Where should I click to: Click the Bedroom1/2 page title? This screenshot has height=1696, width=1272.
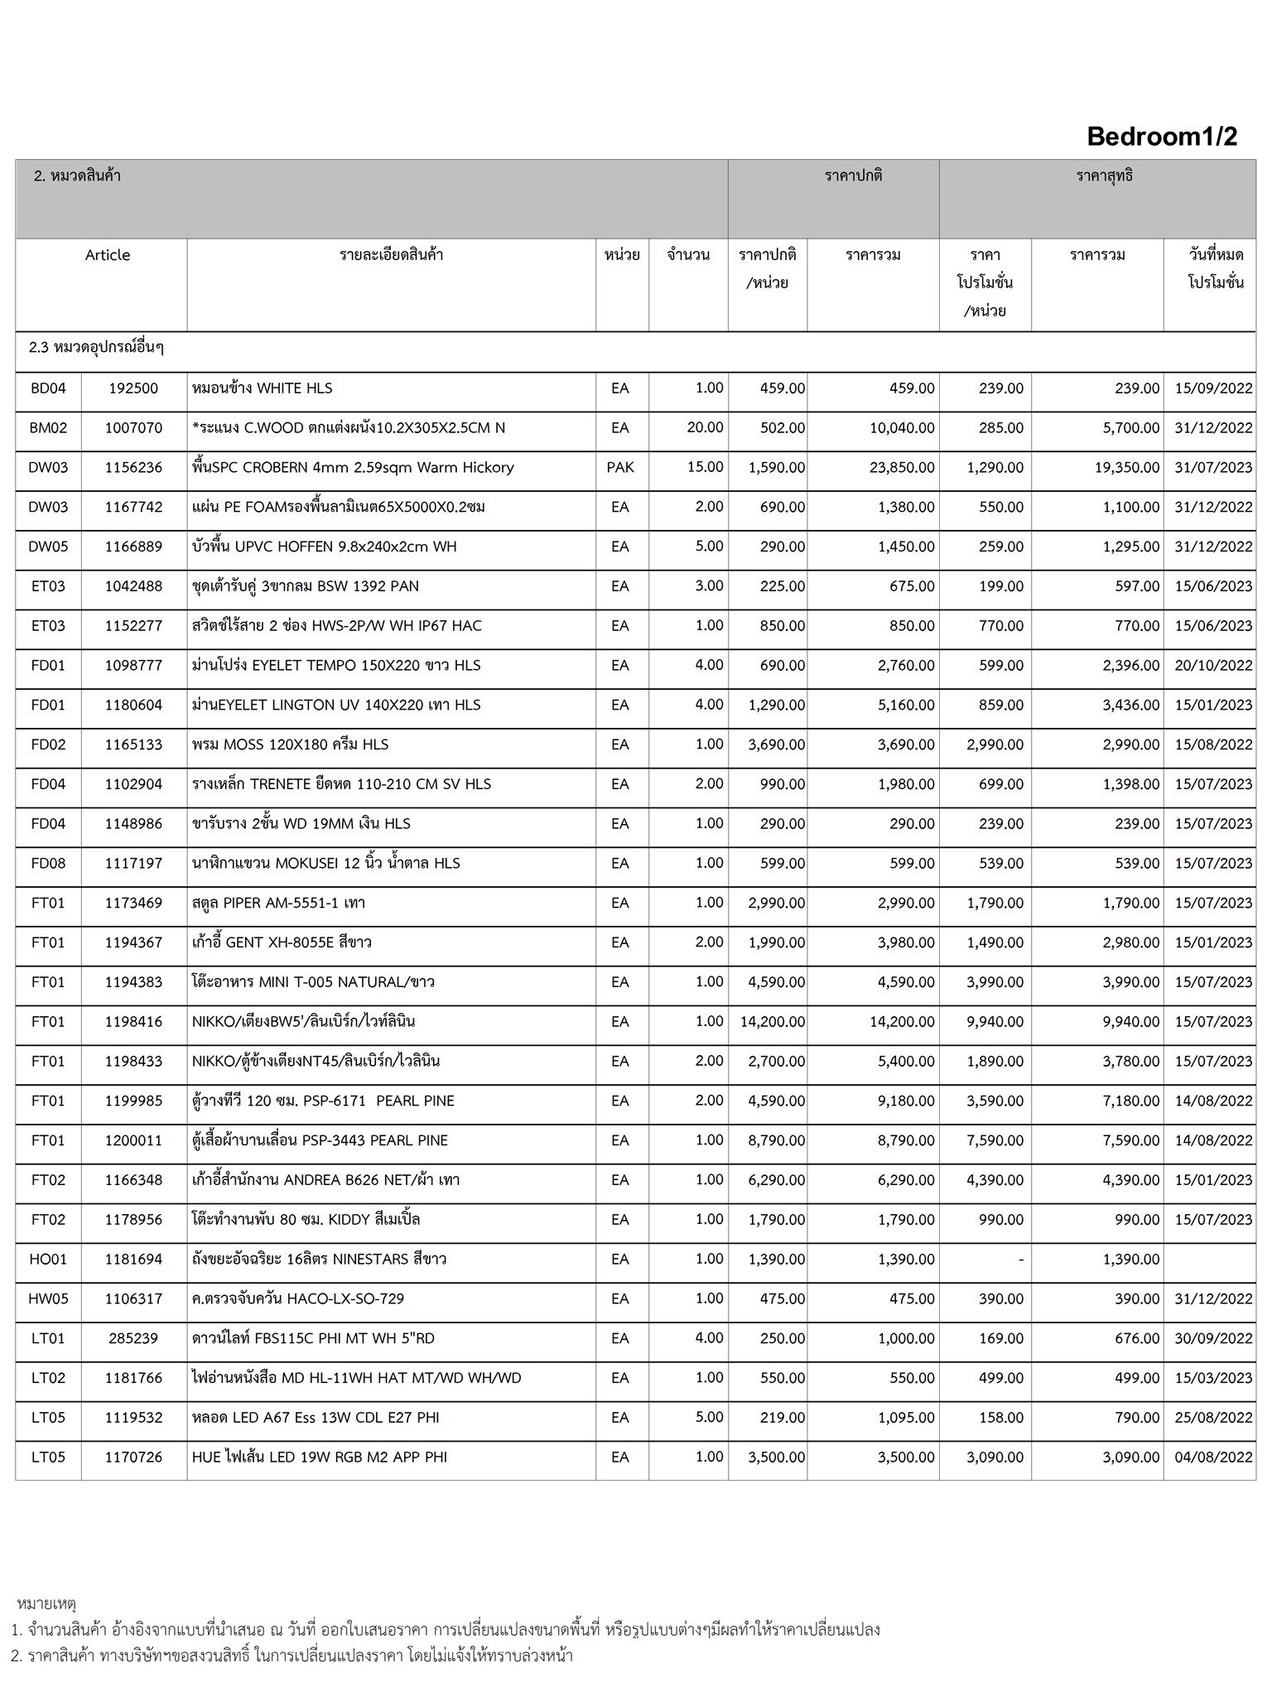[1161, 137]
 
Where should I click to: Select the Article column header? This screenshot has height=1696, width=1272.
[108, 255]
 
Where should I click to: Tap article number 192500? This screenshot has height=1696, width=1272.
[132, 388]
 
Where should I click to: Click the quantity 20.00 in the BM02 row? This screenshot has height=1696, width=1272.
[705, 427]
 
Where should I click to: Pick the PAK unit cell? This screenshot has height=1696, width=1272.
[620, 467]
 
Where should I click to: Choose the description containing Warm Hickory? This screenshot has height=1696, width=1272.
[353, 468]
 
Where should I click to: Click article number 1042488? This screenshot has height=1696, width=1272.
[133, 586]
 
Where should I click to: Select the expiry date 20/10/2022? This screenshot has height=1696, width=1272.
[1213, 666]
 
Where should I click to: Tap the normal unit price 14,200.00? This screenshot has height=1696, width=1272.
[772, 1022]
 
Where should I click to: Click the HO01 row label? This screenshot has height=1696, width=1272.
[48, 1260]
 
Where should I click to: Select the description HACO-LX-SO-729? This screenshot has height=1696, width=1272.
[298, 1298]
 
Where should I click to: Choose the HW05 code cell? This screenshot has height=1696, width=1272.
[48, 1298]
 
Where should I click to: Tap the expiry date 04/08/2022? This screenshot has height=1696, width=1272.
[1213, 1457]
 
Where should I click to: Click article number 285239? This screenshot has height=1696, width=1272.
[132, 1338]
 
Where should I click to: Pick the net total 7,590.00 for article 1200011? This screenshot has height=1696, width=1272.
[1130, 1141]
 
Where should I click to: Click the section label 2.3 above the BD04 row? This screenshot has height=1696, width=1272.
[96, 348]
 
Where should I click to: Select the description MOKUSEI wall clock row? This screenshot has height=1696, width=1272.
[325, 864]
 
